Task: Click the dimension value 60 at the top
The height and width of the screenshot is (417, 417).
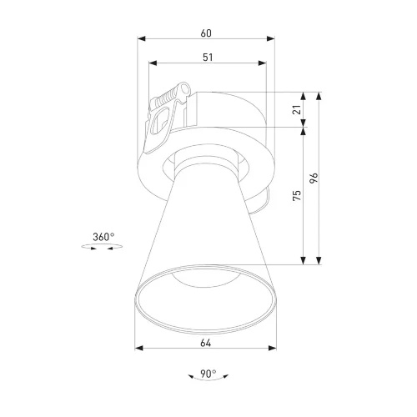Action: pos(206,33)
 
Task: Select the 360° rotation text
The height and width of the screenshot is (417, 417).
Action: pos(103,237)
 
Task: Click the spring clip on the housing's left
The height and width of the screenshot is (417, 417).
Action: pos(163,117)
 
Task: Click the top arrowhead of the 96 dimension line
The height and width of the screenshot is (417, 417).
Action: pos(320,93)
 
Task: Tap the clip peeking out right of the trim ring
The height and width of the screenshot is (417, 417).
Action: pos(264,198)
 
